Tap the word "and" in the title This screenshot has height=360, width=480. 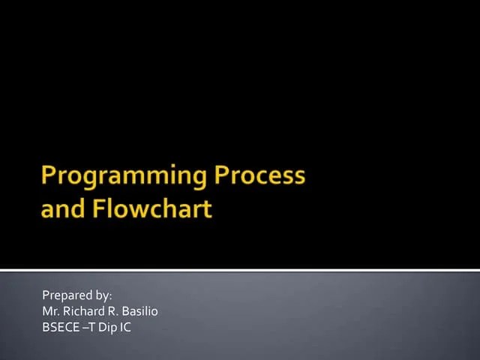(63, 208)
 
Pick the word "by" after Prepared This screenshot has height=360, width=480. (101, 295)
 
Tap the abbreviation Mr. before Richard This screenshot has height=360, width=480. (49, 311)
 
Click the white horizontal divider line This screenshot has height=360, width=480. (240, 269)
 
